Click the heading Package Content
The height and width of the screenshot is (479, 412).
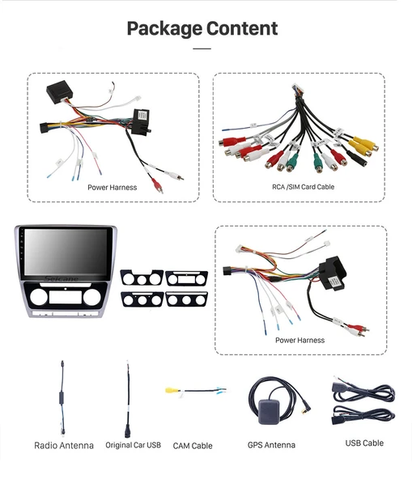point(202,29)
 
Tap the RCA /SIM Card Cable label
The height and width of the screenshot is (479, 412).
point(303,187)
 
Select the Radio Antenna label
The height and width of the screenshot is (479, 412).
point(64,445)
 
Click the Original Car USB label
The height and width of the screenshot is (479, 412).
point(133,445)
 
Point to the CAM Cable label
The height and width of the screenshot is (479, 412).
point(192,446)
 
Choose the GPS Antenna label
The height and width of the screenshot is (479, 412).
point(271,445)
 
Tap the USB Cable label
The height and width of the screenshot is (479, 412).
point(363,443)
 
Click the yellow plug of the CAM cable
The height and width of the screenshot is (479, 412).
point(172,390)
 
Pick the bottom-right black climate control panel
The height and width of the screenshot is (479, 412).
point(186,299)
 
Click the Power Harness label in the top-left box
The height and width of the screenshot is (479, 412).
point(113,188)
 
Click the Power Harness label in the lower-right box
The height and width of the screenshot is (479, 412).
point(299,341)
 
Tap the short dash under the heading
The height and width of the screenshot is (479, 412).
point(202,49)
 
